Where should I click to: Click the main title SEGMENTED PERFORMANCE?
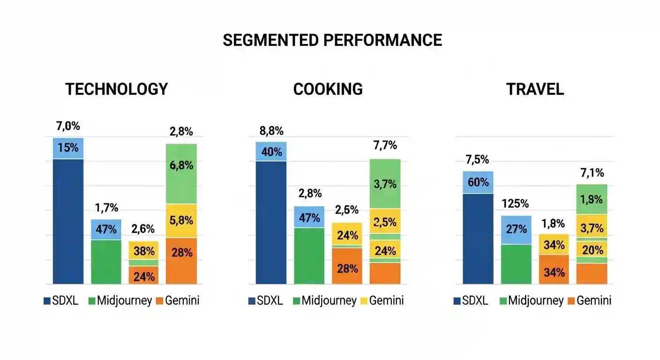tap(332, 40)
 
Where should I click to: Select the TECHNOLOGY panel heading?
tap(116, 89)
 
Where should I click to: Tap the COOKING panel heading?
tap(328, 89)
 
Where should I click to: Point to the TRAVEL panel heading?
tap(535, 89)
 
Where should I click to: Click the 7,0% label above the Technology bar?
tap(68, 126)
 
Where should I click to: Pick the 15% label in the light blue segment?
tap(68, 148)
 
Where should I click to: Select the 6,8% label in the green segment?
tap(181, 165)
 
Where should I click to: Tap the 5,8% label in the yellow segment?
tap(181, 220)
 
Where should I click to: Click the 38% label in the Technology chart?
tap(144, 251)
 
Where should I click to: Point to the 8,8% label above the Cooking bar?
tap(271, 131)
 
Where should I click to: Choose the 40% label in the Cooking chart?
tap(271, 152)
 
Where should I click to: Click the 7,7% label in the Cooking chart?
tap(385, 145)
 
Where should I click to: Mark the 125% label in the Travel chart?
tap(516, 204)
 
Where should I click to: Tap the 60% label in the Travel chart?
tap(478, 182)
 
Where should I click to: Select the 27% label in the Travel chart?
tap(516, 230)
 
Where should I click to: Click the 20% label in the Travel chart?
tap(592, 250)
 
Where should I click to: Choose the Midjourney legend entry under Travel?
tap(531, 301)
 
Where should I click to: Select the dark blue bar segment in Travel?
tap(478, 239)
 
